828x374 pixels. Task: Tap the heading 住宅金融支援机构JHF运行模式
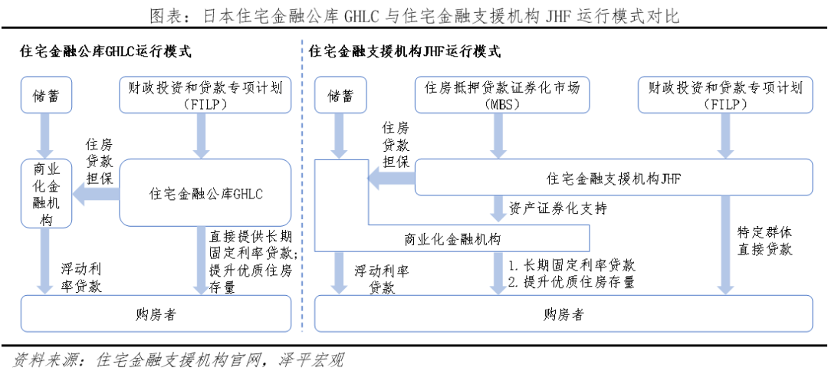pos(405,52)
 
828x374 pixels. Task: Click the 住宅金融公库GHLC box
pos(205,193)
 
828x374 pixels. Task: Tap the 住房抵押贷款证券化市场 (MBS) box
pos(502,96)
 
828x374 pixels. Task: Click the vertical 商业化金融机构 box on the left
pos(46,195)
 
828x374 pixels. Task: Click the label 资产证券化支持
pos(563,208)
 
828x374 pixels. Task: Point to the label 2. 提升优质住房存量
pos(572,282)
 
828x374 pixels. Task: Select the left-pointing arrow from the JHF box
pos(391,179)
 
